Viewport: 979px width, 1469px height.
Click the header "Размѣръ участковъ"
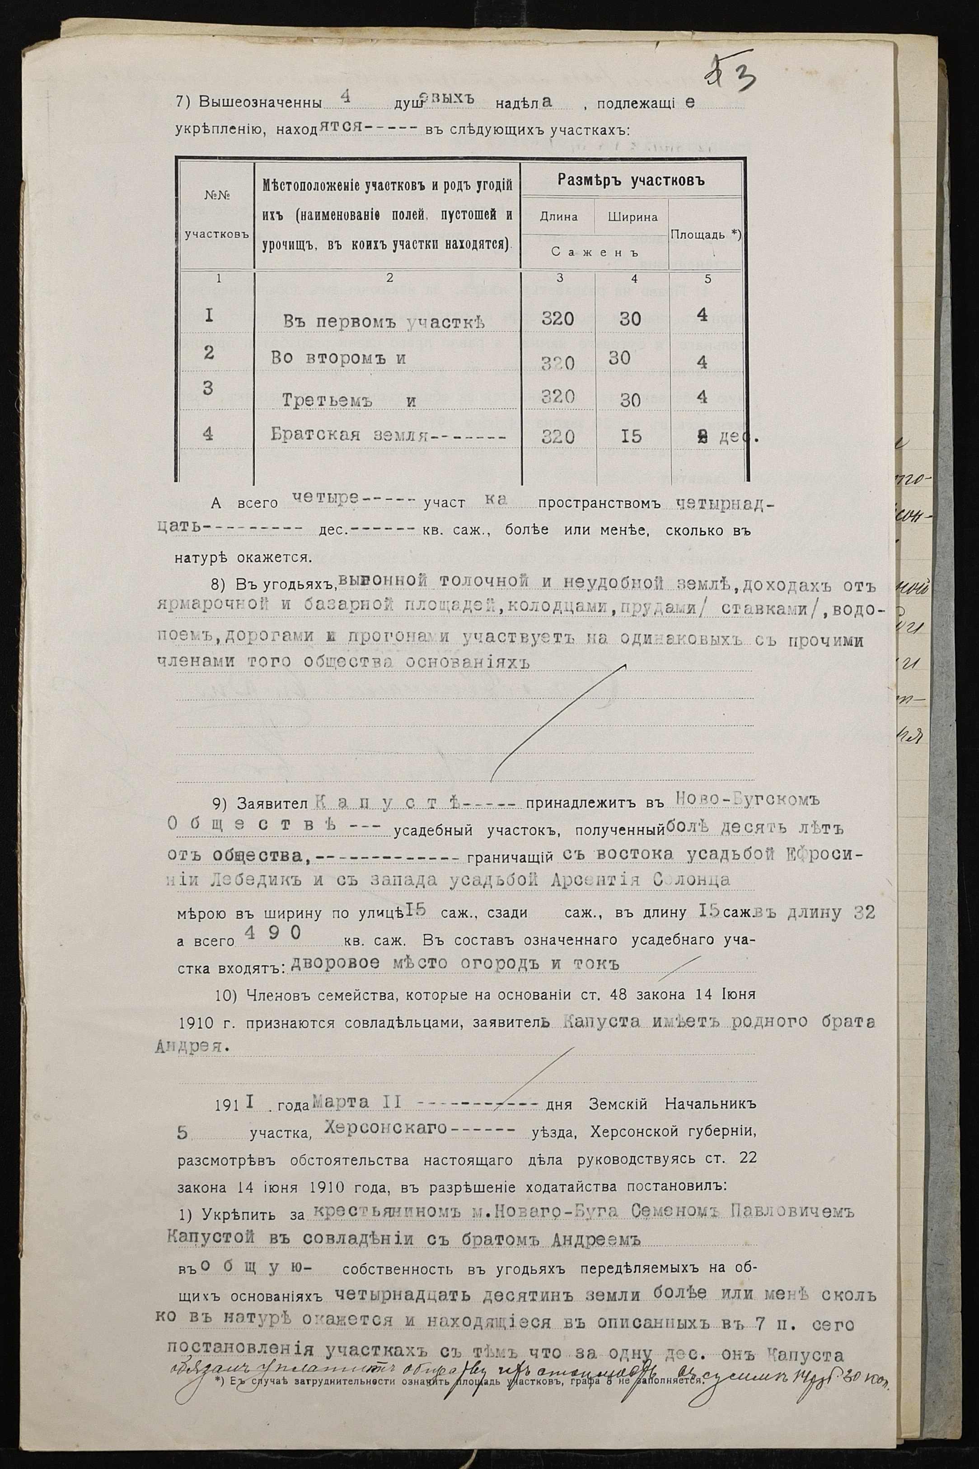tap(631, 182)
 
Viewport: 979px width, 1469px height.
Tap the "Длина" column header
tap(559, 217)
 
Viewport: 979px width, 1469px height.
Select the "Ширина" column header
tap(632, 217)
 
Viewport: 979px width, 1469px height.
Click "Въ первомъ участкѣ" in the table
tap(384, 320)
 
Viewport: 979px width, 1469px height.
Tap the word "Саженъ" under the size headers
tap(595, 252)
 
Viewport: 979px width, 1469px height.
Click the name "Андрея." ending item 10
tap(191, 1047)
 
